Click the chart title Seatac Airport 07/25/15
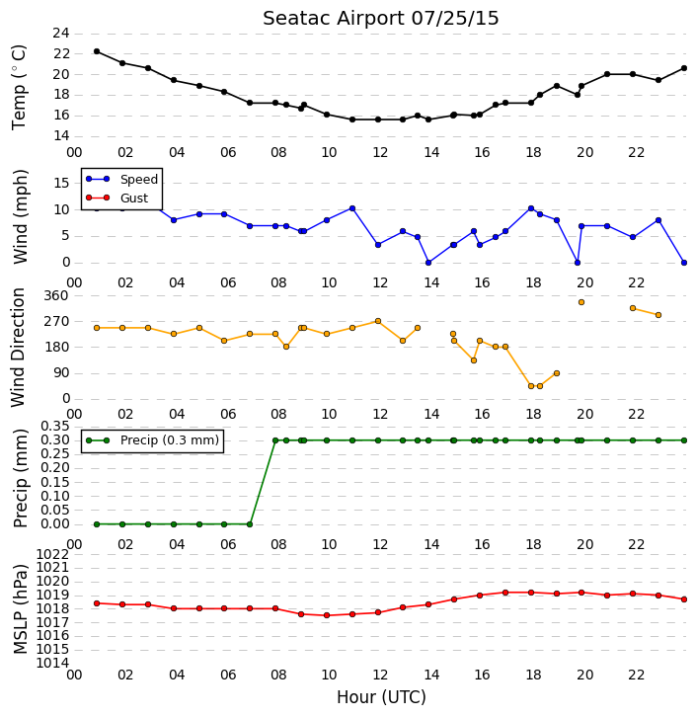coord(381,19)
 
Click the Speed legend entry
coord(121,180)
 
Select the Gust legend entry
coord(117,198)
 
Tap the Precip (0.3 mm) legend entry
coord(152,440)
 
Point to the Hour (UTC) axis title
coord(381,697)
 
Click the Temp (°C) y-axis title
coord(19,87)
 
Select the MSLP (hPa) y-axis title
coord(21,609)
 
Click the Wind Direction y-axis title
coord(18,348)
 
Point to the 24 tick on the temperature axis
coord(61,33)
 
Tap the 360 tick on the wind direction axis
coord(55,296)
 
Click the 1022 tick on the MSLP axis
coord(52,555)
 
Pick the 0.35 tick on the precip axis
coord(55,427)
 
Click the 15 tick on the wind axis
coord(61,184)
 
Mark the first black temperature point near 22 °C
coord(97,51)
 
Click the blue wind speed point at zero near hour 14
coord(428,263)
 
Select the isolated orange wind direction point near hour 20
coord(581,302)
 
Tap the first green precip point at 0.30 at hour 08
coord(275,440)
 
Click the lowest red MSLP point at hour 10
coord(327,615)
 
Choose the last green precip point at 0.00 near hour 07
coord(250,524)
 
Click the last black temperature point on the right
coord(684,68)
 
